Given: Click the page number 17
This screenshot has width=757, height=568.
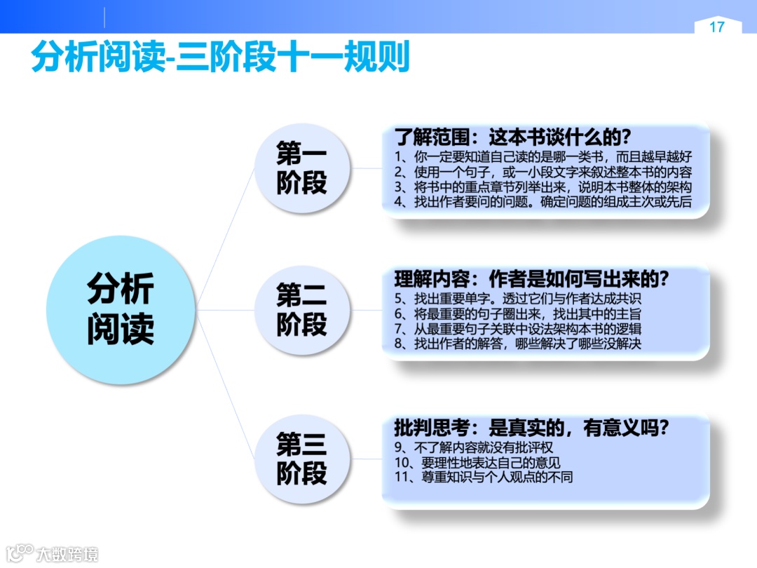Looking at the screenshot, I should click(716, 27).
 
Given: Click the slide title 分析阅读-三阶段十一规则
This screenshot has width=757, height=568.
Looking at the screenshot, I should click(220, 58).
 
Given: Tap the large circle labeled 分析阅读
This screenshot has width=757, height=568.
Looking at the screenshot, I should click(121, 309).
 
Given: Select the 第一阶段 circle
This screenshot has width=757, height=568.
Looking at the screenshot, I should click(301, 168).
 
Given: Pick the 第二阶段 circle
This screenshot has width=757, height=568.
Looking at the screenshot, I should click(301, 310).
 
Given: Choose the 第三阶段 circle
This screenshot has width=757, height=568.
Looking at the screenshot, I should click(301, 459).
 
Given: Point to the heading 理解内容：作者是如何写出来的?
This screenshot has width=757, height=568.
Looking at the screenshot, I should click(532, 278).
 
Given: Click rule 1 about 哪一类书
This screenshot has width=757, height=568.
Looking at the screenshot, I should click(543, 156).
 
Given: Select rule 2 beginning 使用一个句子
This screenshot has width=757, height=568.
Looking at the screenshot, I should click(543, 172).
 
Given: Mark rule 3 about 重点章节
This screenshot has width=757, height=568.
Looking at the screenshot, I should click(543, 187).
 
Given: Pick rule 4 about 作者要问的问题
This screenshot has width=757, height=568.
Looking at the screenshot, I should click(543, 203).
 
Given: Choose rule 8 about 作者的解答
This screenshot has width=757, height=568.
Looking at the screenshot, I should click(518, 344).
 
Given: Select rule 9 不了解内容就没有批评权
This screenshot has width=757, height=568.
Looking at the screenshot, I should click(479, 447).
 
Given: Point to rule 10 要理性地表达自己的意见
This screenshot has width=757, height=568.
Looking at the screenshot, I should click(477, 463).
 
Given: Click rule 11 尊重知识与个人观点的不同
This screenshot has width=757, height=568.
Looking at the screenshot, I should click(484, 478).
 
